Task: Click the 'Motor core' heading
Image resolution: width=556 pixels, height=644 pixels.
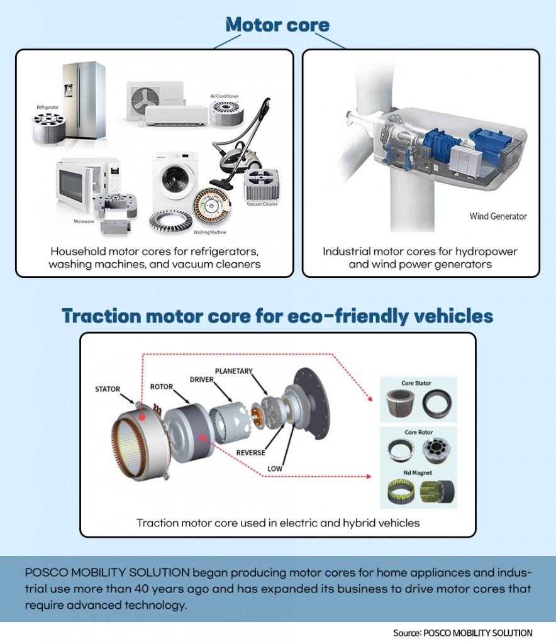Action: click(x=277, y=25)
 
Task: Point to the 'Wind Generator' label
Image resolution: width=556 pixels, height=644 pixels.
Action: click(x=498, y=216)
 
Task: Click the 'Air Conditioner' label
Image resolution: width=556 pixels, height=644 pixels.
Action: click(x=225, y=97)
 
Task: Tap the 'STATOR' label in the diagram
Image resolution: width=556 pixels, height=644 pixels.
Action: click(x=108, y=389)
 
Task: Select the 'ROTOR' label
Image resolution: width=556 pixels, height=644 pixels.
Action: click(x=162, y=386)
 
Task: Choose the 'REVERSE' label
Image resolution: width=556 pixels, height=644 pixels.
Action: click(x=251, y=453)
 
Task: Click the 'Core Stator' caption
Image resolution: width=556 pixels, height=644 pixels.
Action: click(x=417, y=383)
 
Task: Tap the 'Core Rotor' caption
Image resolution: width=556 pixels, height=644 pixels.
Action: click(x=417, y=433)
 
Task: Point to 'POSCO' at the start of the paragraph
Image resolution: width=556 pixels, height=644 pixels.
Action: click(x=47, y=574)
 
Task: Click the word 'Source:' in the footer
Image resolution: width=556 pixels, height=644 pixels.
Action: click(x=407, y=633)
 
